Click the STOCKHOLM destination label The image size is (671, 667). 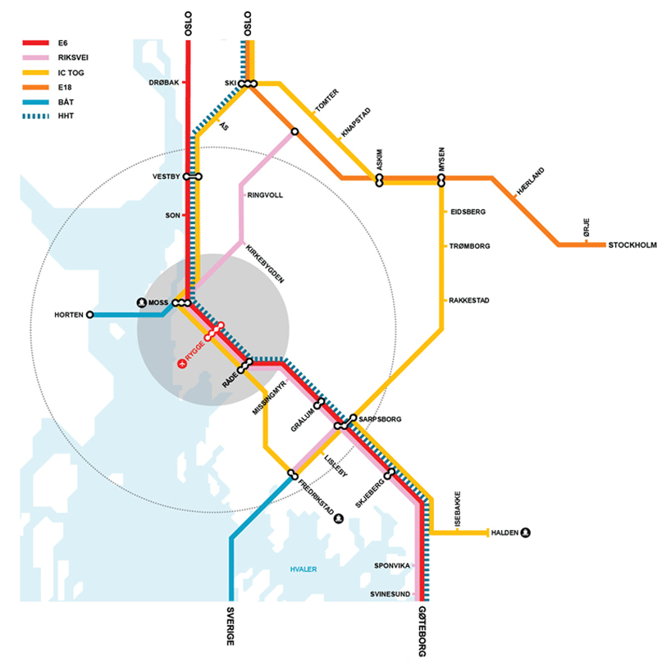click(x=632, y=244)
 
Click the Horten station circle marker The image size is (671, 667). click(x=89, y=314)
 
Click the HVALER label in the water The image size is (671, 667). click(x=304, y=569)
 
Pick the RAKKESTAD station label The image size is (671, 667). click(x=469, y=300)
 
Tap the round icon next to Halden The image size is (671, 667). click(x=527, y=532)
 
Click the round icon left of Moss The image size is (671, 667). click(x=142, y=303)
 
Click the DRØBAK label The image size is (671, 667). click(x=163, y=83)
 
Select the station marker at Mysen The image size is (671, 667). click(x=440, y=179)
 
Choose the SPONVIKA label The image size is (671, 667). click(x=392, y=565)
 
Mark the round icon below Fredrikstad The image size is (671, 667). click(x=337, y=518)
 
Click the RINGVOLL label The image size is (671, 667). click(x=264, y=195)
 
